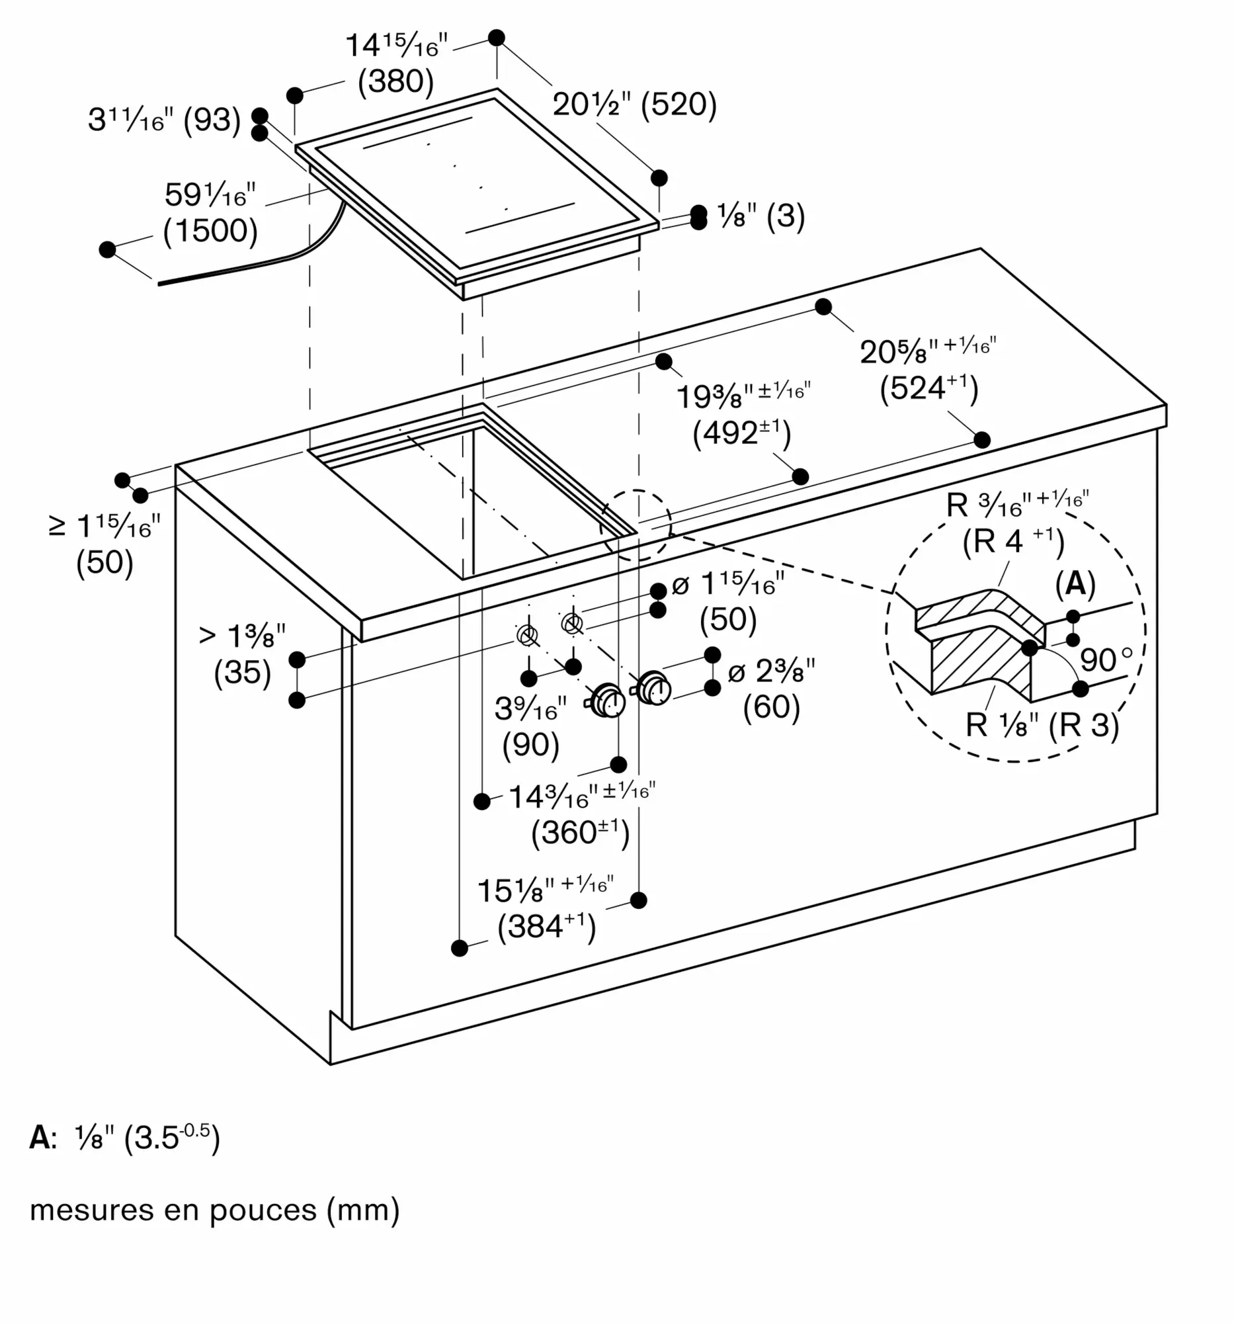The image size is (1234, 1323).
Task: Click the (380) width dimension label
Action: tap(396, 81)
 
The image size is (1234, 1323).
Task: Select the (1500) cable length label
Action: tap(210, 230)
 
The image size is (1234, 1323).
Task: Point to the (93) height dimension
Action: tap(212, 120)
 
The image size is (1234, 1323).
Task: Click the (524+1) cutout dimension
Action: tap(929, 388)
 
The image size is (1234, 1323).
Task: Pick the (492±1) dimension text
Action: tap(743, 433)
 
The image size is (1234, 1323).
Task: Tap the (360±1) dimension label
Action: tap(580, 833)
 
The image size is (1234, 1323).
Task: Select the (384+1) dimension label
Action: tap(547, 926)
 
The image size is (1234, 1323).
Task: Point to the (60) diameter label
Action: tap(772, 706)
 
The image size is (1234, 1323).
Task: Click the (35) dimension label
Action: tap(243, 671)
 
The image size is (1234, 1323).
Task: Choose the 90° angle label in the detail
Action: tap(1106, 660)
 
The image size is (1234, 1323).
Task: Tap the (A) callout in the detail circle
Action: tap(1075, 583)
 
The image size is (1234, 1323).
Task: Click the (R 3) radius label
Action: tap(1085, 725)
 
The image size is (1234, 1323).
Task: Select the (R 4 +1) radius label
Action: tap(1013, 542)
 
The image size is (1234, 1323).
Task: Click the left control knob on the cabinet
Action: tap(605, 700)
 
